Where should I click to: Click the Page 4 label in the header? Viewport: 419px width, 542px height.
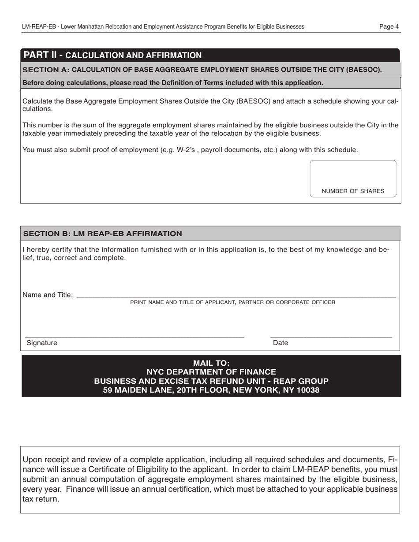click(x=389, y=26)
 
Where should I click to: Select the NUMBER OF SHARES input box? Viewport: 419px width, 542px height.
click(x=353, y=174)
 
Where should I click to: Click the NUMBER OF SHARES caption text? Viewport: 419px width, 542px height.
click(x=353, y=191)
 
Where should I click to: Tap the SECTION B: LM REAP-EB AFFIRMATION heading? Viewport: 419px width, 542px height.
click(x=102, y=234)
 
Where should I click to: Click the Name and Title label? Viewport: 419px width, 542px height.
click(x=48, y=295)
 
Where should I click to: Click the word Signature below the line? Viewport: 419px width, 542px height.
click(x=42, y=343)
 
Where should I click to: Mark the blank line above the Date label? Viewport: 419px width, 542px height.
click(x=331, y=336)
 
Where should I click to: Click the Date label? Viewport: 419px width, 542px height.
click(x=281, y=343)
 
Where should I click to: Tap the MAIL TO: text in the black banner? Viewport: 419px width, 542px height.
click(x=211, y=363)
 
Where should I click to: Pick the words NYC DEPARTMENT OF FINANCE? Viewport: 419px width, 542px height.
click(x=211, y=372)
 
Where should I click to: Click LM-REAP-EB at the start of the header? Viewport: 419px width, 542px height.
click(x=39, y=26)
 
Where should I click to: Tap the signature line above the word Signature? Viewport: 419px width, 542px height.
click(x=135, y=336)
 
